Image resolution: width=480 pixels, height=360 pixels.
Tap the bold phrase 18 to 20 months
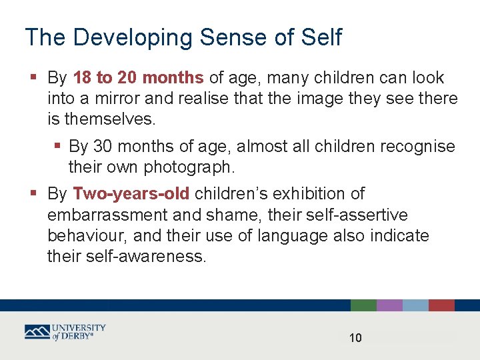[x=138, y=78]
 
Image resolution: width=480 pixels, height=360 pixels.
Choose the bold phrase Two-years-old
[x=131, y=194]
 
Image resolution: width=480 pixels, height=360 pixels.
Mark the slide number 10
[x=355, y=338]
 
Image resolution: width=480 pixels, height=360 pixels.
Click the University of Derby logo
[x=65, y=331]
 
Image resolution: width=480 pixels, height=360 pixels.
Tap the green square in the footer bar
[x=363, y=305]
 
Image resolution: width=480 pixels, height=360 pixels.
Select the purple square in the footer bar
[x=389, y=305]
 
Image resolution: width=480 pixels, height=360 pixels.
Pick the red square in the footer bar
[x=441, y=305]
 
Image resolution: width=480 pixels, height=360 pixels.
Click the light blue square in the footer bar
[x=415, y=305]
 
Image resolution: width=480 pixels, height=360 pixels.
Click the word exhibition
[x=319, y=194]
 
